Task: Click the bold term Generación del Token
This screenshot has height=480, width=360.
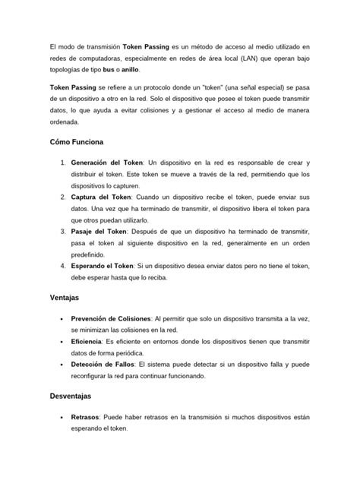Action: [x=106, y=163]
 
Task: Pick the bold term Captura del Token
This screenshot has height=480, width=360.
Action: [x=100, y=195]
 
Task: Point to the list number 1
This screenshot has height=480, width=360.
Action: [x=62, y=163]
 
